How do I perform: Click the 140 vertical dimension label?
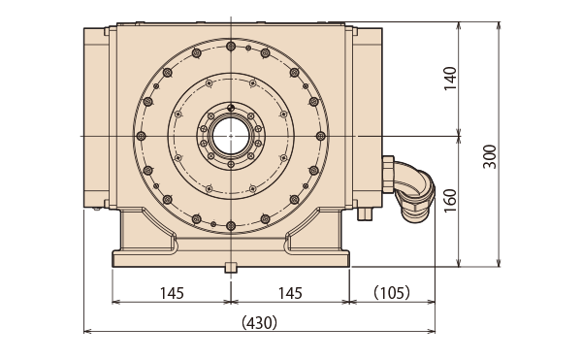[x=450, y=79]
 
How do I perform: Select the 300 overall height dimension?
[x=490, y=156]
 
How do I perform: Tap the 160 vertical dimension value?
[x=450, y=201]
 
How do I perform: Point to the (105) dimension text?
[x=392, y=293]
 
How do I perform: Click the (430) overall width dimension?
[x=259, y=322]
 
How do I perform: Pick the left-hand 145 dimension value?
[x=172, y=294]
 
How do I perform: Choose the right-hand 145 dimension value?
[x=290, y=294]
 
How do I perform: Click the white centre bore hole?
[x=231, y=136]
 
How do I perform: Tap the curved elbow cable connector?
[x=414, y=191]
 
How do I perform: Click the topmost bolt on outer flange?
[x=231, y=47]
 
